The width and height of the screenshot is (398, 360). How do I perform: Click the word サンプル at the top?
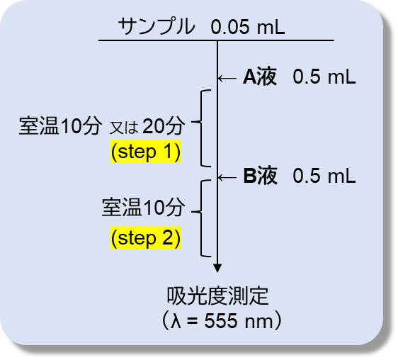click(x=157, y=26)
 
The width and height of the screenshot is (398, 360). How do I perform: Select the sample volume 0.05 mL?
click(x=248, y=27)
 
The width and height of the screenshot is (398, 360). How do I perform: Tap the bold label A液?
click(x=259, y=77)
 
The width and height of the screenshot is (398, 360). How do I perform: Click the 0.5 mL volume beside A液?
click(x=324, y=77)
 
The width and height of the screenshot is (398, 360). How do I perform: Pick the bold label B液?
click(x=260, y=176)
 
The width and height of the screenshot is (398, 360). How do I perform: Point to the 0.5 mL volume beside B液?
click(x=324, y=176)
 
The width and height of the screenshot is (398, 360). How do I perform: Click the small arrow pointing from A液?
click(x=227, y=78)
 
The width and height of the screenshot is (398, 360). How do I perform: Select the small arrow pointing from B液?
click(x=227, y=177)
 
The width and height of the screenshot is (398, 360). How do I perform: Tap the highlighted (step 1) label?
click(x=145, y=152)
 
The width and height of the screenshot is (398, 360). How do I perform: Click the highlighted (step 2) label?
click(x=145, y=238)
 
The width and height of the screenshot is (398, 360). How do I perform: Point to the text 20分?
click(x=163, y=126)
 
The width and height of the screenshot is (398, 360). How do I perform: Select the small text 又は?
click(x=124, y=128)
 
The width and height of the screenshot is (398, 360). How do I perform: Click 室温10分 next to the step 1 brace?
click(x=60, y=126)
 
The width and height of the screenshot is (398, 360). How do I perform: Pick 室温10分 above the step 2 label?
click(x=142, y=208)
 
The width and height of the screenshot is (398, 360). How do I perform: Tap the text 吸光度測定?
click(x=217, y=296)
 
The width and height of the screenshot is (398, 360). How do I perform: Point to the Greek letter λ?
click(x=176, y=320)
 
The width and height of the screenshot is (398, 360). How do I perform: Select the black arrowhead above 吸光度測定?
click(x=217, y=269)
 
